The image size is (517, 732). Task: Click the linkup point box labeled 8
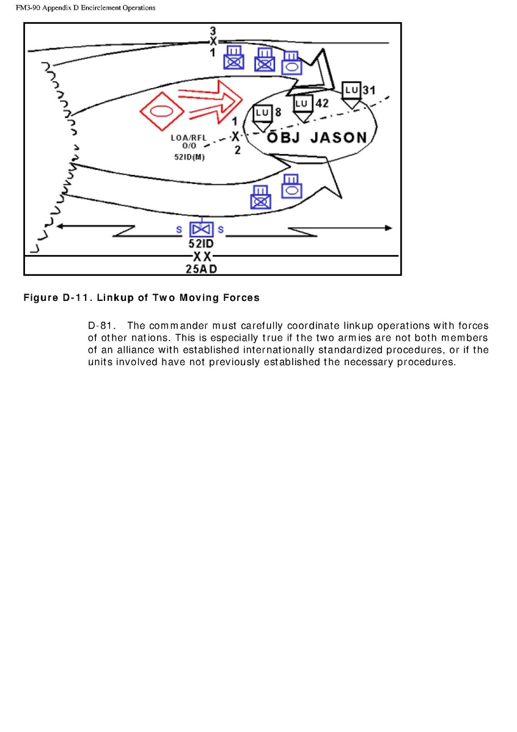[262, 113]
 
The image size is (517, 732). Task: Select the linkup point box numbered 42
[302, 104]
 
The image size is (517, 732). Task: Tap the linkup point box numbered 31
[351, 91]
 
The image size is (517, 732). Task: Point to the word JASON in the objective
[339, 137]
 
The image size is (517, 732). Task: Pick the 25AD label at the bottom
[202, 268]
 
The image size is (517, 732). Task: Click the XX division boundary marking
[202, 256]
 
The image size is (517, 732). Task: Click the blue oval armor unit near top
[291, 65]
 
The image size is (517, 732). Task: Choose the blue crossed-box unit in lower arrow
[261, 199]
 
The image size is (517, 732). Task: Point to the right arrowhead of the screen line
[388, 227]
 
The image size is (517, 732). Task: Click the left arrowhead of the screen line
[58, 226]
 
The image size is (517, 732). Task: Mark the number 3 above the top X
[213, 30]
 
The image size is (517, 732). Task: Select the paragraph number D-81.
[101, 326]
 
